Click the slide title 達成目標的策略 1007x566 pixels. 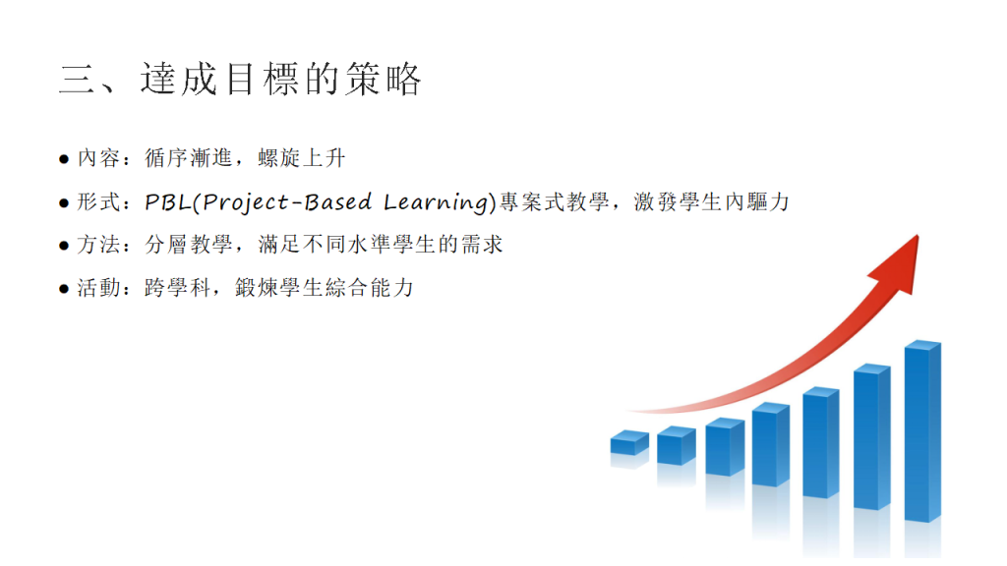280,80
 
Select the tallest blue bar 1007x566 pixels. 922,431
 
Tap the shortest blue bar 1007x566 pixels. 629,443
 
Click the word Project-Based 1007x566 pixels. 287,202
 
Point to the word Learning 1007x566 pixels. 437,202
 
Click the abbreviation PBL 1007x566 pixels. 168,202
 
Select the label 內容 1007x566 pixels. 98,158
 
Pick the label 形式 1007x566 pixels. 98,202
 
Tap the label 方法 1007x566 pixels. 98,245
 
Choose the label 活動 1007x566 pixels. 98,288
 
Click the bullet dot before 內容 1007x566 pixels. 64,159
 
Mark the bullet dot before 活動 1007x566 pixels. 64,289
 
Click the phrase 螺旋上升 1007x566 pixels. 302,158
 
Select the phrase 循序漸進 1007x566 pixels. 188,158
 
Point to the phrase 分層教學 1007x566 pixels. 188,245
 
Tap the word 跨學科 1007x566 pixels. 178,288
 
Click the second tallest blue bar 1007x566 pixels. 872,436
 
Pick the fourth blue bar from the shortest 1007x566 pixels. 771,444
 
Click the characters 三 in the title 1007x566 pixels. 77,81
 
